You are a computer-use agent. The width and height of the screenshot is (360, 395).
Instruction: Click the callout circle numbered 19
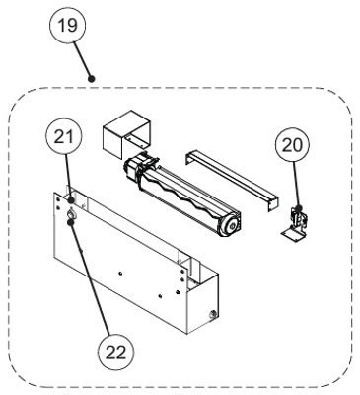point(67,25)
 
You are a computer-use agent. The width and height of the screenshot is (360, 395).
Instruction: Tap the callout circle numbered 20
point(293,145)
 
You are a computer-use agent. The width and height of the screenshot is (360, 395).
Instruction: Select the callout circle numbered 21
point(65,137)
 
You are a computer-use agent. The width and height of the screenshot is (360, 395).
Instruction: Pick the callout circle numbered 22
point(116,353)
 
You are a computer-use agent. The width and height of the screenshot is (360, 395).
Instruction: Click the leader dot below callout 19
point(92,79)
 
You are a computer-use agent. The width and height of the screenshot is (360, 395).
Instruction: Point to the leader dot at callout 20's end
point(299,208)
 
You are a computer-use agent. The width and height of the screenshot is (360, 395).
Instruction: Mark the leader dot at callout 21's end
point(71,200)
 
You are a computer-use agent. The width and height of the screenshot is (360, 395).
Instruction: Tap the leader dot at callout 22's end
point(70,223)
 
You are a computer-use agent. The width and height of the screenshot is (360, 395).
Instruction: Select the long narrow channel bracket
point(232,180)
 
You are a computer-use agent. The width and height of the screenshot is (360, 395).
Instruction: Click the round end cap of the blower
point(231,226)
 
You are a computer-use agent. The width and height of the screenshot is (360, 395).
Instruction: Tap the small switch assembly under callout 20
point(296,225)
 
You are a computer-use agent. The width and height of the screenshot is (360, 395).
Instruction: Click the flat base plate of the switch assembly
point(294,236)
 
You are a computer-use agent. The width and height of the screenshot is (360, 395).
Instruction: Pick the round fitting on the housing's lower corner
point(212,314)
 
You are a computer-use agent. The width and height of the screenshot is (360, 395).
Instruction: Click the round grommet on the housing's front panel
point(71,214)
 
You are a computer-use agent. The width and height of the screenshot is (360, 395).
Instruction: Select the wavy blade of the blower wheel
point(185,198)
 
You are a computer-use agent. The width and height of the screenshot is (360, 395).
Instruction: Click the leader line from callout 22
point(91,279)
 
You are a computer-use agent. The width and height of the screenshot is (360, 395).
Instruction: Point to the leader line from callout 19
point(83,60)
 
